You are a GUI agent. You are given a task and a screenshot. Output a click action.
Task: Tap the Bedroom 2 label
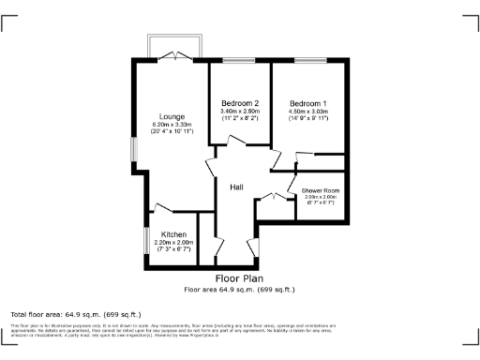tap(240, 102)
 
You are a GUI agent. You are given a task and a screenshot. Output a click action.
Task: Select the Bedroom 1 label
tap(307, 102)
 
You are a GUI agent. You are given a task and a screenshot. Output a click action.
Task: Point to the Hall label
tap(238, 187)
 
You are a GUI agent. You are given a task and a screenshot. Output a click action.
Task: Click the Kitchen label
tap(173, 234)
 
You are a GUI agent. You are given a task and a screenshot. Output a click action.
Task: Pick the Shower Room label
tap(320, 191)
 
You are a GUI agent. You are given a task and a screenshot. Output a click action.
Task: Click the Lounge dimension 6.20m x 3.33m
tap(172, 124)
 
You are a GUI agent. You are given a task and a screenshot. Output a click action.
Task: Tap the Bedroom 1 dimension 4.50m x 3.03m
tap(307, 112)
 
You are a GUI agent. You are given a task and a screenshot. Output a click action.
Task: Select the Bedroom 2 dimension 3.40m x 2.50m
tap(240, 112)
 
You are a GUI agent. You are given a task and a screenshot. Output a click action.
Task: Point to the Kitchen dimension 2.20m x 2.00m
tap(173, 243)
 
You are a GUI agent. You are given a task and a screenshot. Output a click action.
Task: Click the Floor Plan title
tap(239, 278)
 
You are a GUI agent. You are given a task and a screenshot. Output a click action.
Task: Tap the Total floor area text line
tap(75, 313)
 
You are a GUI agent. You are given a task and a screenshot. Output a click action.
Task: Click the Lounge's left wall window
tap(132, 150)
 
